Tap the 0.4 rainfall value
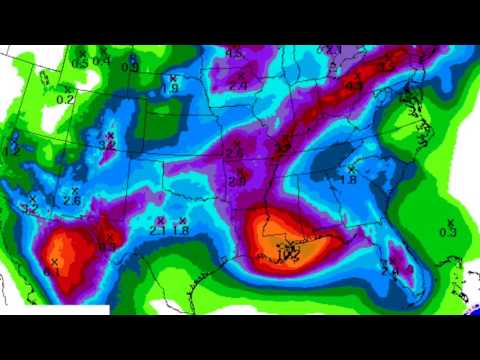click(100, 60)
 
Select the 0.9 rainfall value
click(130, 67)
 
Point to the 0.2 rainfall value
click(66, 99)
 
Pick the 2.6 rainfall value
click(72, 200)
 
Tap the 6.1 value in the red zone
click(53, 270)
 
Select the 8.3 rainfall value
click(107, 245)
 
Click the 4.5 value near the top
click(235, 52)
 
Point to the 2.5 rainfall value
click(234, 153)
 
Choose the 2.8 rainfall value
click(237, 182)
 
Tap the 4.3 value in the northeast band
click(353, 86)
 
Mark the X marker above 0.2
click(66, 88)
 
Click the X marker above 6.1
click(53, 260)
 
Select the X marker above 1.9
click(172, 77)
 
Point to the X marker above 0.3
click(450, 221)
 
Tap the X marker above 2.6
click(74, 190)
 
